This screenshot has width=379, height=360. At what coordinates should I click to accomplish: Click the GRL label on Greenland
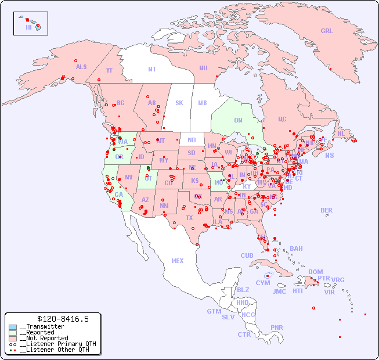(327, 31)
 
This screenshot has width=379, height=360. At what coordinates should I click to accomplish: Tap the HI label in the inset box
(28, 27)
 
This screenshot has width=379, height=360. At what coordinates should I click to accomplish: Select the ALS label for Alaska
(81, 67)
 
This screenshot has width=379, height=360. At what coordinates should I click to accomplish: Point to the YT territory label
(109, 70)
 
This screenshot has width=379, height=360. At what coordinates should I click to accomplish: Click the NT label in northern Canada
(152, 69)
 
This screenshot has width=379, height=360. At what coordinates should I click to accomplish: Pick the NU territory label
(203, 68)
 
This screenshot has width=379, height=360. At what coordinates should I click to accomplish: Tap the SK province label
(179, 103)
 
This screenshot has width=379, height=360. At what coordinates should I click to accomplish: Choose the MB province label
(203, 103)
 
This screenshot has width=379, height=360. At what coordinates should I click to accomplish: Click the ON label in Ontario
(238, 121)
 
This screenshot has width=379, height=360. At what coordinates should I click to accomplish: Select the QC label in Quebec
(282, 119)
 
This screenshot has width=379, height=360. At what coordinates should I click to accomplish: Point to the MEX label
(178, 261)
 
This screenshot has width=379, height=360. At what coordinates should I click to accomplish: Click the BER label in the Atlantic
(326, 210)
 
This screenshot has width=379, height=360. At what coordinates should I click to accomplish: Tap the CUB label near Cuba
(247, 255)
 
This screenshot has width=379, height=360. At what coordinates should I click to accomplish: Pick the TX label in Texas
(189, 218)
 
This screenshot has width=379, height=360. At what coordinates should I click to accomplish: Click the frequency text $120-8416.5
(63, 319)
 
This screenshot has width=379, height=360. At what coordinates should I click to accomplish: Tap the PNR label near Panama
(277, 327)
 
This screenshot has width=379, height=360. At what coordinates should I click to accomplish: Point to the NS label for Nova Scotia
(329, 156)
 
